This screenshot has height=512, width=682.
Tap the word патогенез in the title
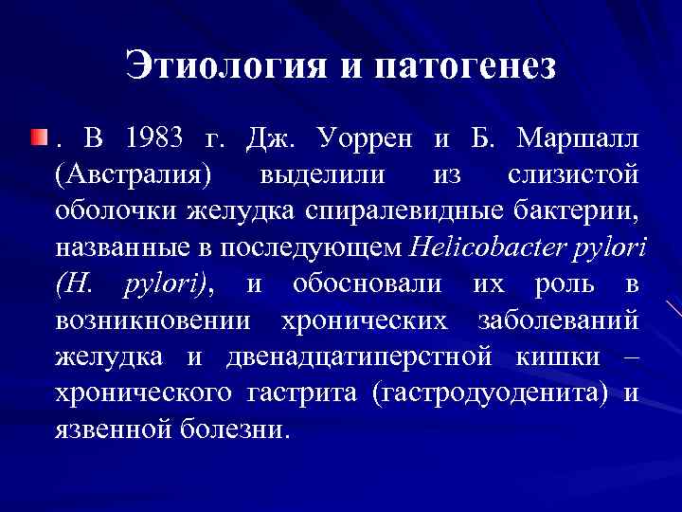point(466,65)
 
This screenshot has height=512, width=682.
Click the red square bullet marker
point(37,139)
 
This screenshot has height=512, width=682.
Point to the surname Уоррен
point(364,139)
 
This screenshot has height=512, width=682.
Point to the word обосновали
point(367,283)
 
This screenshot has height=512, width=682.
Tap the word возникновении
point(153,320)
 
